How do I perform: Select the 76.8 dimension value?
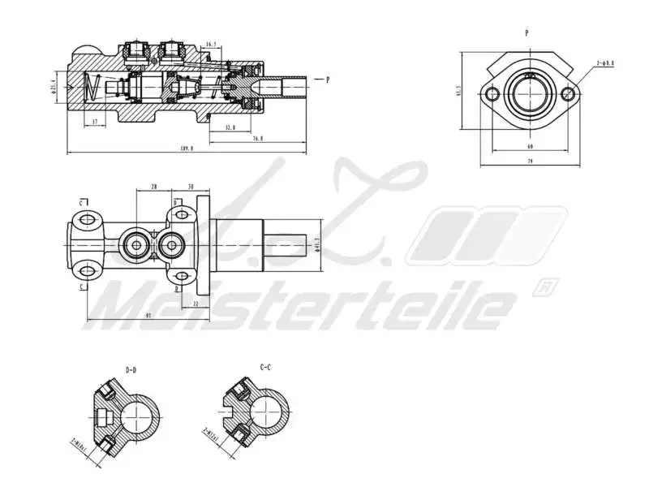pyautogui.click(x=257, y=139)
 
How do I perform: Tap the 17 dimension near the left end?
pyautogui.click(x=95, y=123)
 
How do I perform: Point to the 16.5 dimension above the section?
pyautogui.click(x=212, y=45)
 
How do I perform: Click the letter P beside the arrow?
pyautogui.click(x=328, y=80)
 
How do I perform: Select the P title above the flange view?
pyautogui.click(x=527, y=33)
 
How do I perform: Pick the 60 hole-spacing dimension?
pyautogui.click(x=529, y=147)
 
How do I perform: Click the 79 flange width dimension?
pyautogui.click(x=529, y=162)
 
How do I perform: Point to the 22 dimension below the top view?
pyautogui.click(x=196, y=304)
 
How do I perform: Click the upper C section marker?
pyautogui.click(x=82, y=202)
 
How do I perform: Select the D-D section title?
pyautogui.click(x=131, y=370)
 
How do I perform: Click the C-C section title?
pyautogui.click(x=265, y=367)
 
